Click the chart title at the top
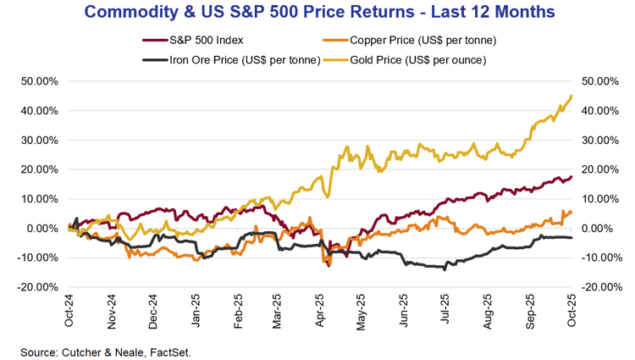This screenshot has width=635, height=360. coord(317,13)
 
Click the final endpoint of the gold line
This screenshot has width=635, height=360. coord(571,96)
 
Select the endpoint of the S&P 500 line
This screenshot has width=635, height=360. coord(571,176)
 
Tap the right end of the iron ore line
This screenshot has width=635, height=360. coord(571,238)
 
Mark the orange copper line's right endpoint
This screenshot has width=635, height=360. coord(571,213)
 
